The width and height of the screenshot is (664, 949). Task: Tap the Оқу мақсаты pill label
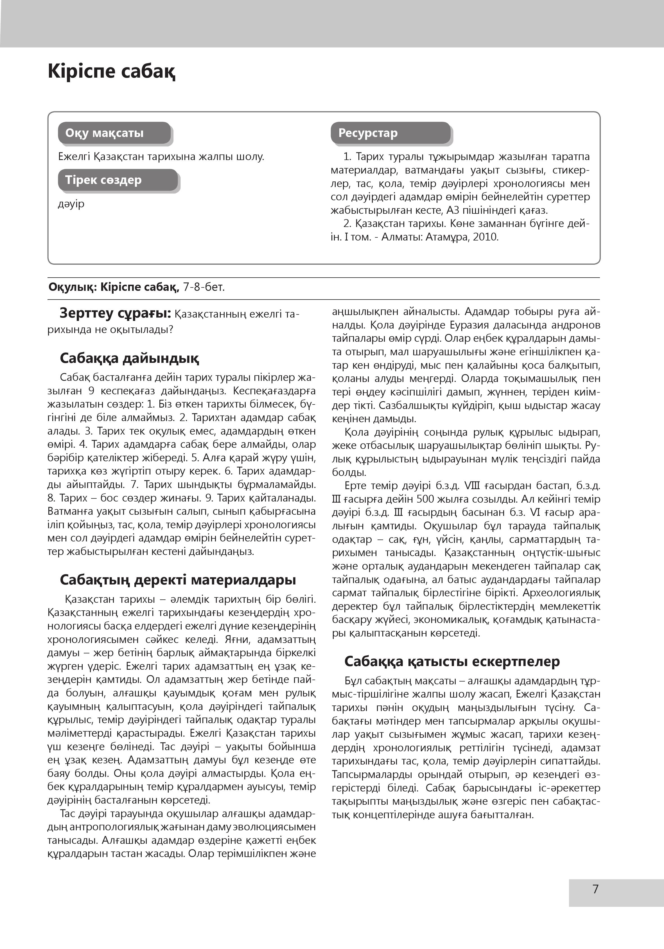pyautogui.click(x=105, y=133)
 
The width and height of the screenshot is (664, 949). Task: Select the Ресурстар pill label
pyautogui.click(x=368, y=133)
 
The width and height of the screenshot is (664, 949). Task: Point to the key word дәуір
pyautogui.click(x=71, y=204)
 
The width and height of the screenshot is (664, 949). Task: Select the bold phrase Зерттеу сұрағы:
pyautogui.click(x=115, y=314)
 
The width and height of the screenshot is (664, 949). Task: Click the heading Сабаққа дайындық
pyautogui.click(x=129, y=358)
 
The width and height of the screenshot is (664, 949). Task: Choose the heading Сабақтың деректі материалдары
pyautogui.click(x=178, y=580)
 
